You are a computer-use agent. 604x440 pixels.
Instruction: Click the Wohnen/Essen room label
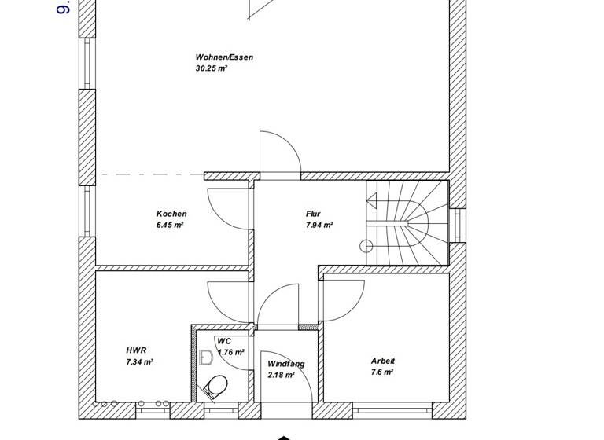[x=224, y=57]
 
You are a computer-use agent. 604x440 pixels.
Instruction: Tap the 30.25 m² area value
[x=211, y=68]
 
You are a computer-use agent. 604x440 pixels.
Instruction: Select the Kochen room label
[x=171, y=214]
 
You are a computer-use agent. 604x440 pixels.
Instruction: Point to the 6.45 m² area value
[x=170, y=225]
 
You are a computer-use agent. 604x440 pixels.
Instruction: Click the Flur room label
[x=313, y=214]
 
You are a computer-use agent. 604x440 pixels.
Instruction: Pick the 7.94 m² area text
[x=319, y=225]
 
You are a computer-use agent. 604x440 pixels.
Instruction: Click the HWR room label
[x=135, y=350]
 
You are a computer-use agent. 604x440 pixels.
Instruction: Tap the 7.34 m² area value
[x=139, y=361]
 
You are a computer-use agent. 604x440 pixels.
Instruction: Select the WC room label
[x=224, y=341]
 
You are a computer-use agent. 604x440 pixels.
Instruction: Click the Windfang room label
[x=285, y=364]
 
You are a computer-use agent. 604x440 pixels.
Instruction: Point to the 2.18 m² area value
[x=281, y=376]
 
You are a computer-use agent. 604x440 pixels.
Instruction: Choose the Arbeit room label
[x=383, y=361]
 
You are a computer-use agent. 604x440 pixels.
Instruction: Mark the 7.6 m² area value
[x=382, y=372]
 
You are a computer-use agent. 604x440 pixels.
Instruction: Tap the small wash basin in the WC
[x=207, y=357]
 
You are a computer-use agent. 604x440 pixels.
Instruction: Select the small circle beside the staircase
[x=366, y=246]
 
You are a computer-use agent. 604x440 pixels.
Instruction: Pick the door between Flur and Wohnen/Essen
[x=279, y=153]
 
